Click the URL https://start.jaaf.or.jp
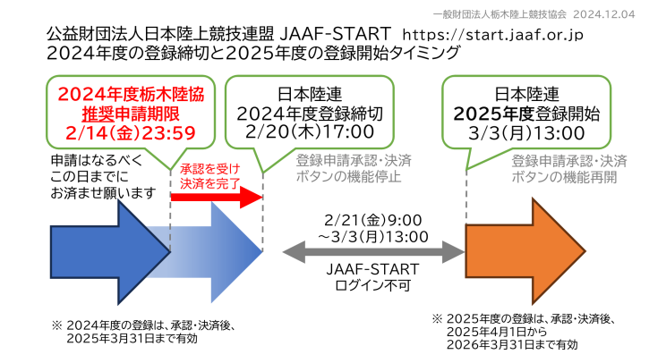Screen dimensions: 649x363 click(492, 35)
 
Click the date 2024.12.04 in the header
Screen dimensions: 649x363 click(604, 14)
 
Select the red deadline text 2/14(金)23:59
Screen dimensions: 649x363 click(131, 133)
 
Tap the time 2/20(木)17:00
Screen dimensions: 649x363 click(310, 132)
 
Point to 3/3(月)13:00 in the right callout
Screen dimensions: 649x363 click(526, 133)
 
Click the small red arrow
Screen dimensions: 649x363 click(217, 197)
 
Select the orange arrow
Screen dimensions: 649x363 click(525, 251)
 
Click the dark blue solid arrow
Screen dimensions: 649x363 click(110, 252)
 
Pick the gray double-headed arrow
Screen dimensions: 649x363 click(374, 252)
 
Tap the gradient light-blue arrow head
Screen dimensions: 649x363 click(236, 252)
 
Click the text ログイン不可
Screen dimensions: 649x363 click(372, 285)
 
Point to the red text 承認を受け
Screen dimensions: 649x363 click(210, 169)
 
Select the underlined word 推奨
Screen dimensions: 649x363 click(98, 114)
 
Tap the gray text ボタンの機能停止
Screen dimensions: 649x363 click(348, 176)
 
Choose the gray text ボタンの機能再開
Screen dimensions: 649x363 click(564, 177)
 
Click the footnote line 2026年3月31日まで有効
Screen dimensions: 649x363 click(512, 345)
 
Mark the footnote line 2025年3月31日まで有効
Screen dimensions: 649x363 click(132, 339)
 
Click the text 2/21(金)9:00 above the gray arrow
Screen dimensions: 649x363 click(373, 220)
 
